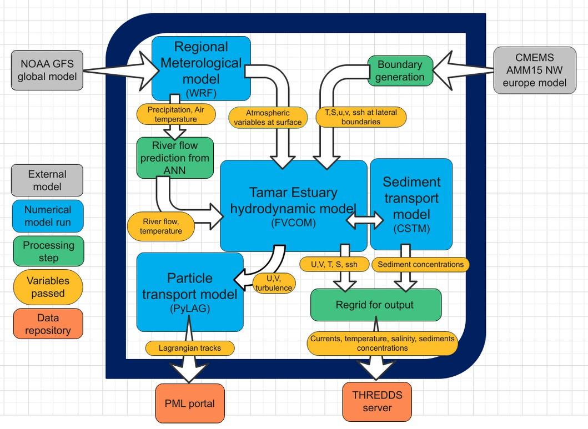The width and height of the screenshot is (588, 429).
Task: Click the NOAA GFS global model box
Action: click(47, 70)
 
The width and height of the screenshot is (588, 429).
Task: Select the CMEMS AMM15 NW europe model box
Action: click(534, 70)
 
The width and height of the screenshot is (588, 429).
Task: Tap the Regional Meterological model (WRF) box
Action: click(200, 68)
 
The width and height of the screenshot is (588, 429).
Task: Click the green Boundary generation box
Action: click(400, 70)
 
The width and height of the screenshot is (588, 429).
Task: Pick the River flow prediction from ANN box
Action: click(175, 158)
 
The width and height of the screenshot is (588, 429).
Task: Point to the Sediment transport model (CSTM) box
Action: click(411, 204)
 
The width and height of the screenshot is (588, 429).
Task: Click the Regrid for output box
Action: click(375, 305)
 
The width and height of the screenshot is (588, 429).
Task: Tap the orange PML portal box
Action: click(190, 403)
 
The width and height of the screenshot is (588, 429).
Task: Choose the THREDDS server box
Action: click(377, 401)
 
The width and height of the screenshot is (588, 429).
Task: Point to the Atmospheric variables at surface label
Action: click(268, 118)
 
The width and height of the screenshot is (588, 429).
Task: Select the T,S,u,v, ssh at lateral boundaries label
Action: click(361, 117)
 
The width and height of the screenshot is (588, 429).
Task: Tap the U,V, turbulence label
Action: click(274, 283)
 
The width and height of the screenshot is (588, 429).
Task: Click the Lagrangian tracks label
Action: click(190, 348)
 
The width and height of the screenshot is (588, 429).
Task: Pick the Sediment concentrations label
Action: click(420, 264)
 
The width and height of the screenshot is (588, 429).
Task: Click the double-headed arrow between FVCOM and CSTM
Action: click(364, 220)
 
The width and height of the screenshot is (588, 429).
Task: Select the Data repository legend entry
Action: click(48, 324)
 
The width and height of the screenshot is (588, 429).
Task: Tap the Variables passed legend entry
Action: click(48, 287)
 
